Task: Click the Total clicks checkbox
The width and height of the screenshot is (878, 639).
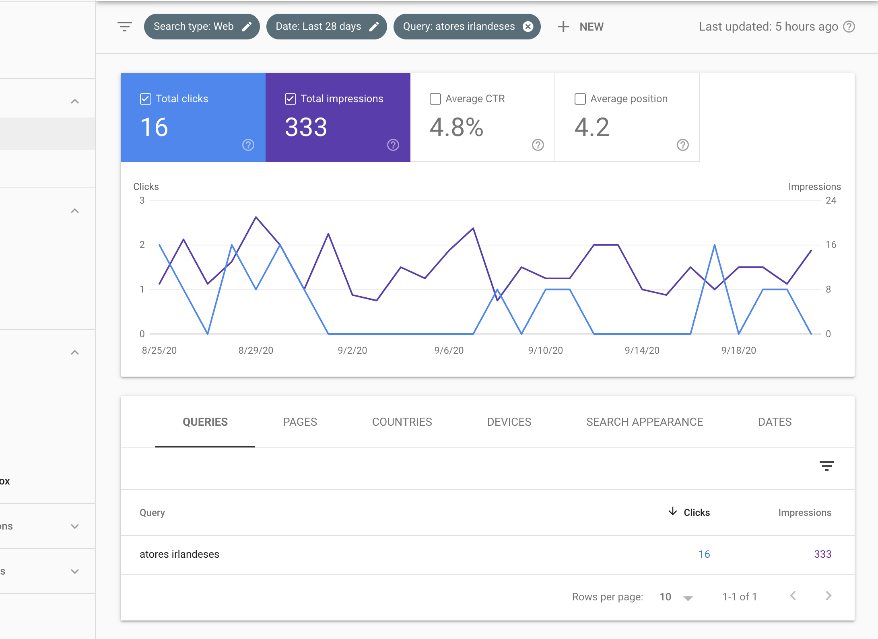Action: click(x=145, y=99)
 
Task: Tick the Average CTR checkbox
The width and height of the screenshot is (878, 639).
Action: click(x=435, y=99)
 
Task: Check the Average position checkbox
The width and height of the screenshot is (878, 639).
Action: click(x=580, y=99)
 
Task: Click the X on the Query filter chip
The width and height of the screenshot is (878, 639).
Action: click(x=528, y=27)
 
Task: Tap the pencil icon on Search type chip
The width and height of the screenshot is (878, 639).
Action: click(x=247, y=27)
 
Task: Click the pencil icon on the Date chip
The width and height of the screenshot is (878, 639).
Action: click(x=374, y=27)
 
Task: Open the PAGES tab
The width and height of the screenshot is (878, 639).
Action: click(x=300, y=422)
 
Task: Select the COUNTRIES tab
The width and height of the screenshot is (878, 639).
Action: click(x=402, y=422)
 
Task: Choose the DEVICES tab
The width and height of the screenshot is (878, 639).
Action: click(x=509, y=422)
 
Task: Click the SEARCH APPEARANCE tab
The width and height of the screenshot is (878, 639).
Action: click(x=644, y=422)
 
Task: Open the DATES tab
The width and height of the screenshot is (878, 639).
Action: click(x=775, y=422)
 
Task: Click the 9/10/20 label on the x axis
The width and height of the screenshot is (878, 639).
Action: click(x=545, y=350)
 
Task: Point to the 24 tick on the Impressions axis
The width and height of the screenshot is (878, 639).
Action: click(x=831, y=200)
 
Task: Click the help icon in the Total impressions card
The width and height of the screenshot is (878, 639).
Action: click(x=393, y=145)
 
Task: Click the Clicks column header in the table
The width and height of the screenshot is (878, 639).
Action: click(x=696, y=512)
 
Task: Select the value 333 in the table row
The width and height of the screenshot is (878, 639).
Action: click(x=822, y=554)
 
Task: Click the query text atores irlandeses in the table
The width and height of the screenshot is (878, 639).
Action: click(x=179, y=554)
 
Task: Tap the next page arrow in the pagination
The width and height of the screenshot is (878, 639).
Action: click(x=828, y=596)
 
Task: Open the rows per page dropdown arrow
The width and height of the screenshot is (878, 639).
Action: click(x=688, y=598)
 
